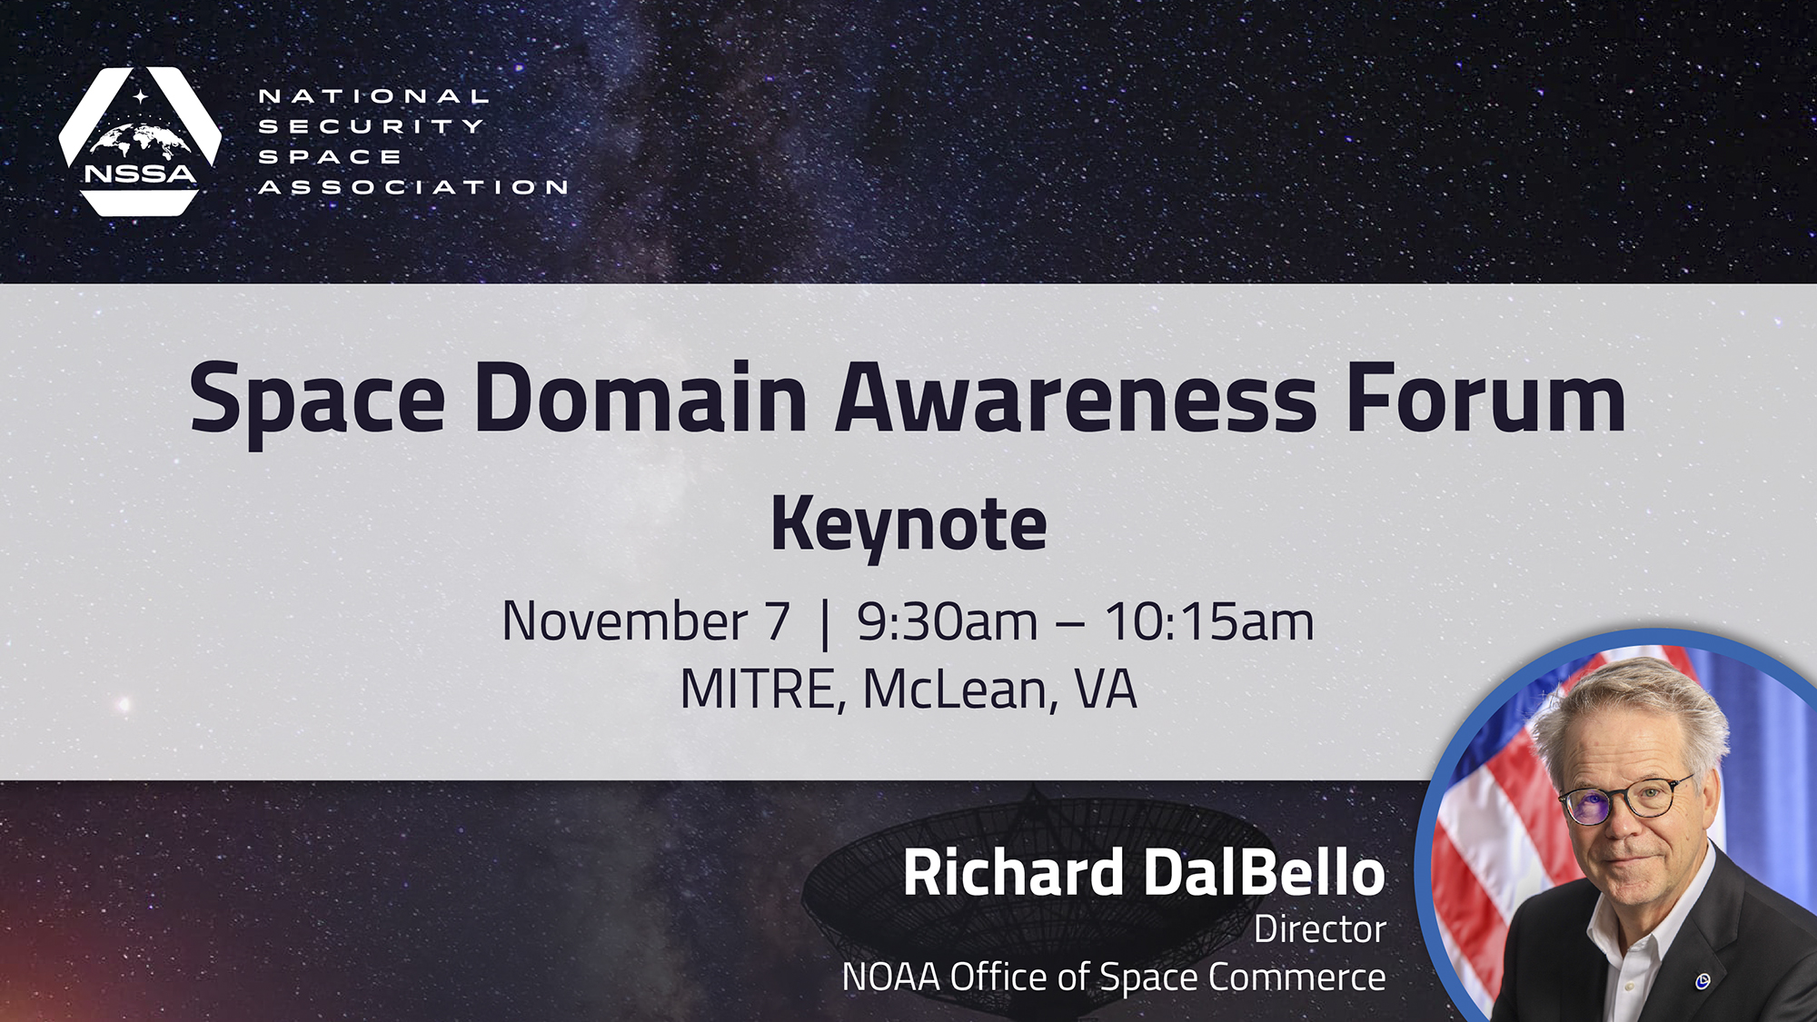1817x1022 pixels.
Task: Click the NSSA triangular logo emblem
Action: pyautogui.click(x=140, y=141)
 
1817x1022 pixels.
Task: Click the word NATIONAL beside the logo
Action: pyautogui.click(x=374, y=96)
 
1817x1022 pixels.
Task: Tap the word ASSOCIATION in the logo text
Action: pyautogui.click(x=413, y=187)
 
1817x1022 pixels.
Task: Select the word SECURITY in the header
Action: pyautogui.click(x=372, y=126)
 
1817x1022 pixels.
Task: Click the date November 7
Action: pyautogui.click(x=646, y=622)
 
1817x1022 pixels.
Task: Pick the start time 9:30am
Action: pyautogui.click(x=947, y=622)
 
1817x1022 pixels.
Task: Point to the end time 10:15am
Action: pyautogui.click(x=1209, y=622)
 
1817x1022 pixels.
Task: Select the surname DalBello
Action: pyautogui.click(x=1264, y=873)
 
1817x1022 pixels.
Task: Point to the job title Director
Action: pyautogui.click(x=1320, y=929)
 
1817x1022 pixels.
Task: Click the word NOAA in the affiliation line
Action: pyautogui.click(x=890, y=977)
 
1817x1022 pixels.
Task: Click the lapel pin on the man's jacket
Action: pyautogui.click(x=1703, y=980)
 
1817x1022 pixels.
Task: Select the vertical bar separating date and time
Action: pyautogui.click(x=825, y=623)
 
